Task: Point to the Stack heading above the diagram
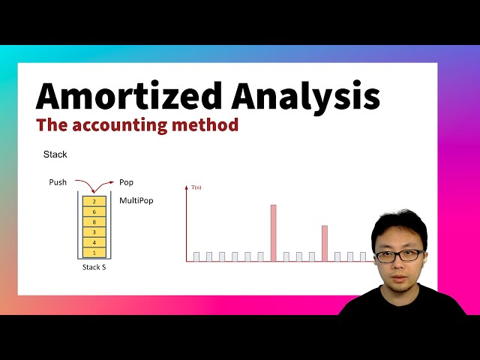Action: coord(55,154)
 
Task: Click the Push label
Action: coord(58,182)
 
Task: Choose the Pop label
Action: coord(126,182)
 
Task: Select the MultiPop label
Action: coord(136,201)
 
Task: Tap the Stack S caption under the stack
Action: coord(94,267)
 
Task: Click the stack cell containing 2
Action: coord(94,201)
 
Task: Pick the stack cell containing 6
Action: coord(94,211)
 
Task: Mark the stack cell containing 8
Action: coord(94,222)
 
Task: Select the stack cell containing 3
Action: coord(94,232)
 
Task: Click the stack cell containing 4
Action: coord(94,243)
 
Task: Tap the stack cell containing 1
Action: coord(94,253)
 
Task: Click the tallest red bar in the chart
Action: coord(273,232)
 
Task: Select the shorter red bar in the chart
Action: coord(324,243)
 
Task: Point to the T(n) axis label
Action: coord(196,187)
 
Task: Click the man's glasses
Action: coord(398,255)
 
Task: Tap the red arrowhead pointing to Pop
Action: coord(112,182)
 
